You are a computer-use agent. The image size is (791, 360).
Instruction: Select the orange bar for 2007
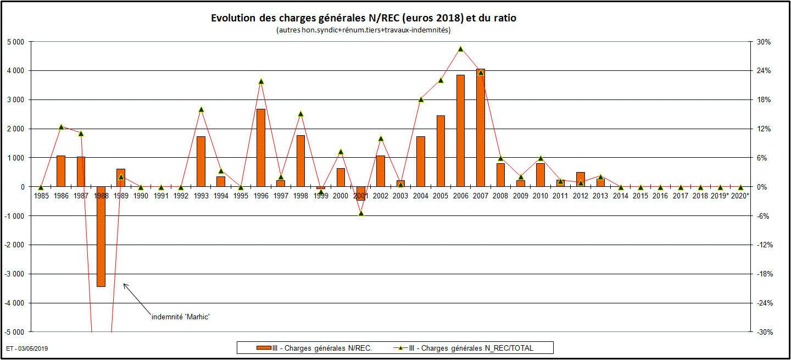tap(481, 128)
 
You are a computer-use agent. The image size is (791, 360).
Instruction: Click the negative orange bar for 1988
tap(101, 236)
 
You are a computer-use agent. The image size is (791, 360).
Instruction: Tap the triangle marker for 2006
tap(461, 49)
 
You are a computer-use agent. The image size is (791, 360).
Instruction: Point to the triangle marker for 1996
tap(261, 81)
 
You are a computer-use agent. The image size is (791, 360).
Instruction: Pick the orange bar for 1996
tap(261, 147)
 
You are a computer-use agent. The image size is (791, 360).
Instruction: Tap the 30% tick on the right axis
tap(764, 42)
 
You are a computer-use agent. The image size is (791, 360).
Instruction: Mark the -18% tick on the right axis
tap(764, 274)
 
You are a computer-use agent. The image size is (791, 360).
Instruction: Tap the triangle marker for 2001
tap(361, 213)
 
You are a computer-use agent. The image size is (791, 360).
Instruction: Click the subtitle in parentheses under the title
tap(364, 30)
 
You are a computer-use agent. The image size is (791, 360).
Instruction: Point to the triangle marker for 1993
tap(201, 109)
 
